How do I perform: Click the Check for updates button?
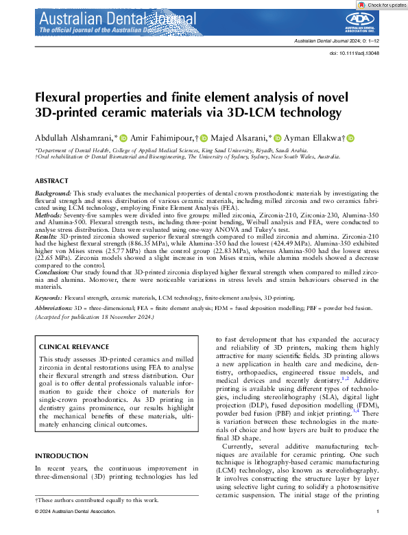click(382, 5)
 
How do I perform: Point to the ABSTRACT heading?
click(51, 180)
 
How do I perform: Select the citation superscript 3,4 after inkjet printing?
click(356, 409)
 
